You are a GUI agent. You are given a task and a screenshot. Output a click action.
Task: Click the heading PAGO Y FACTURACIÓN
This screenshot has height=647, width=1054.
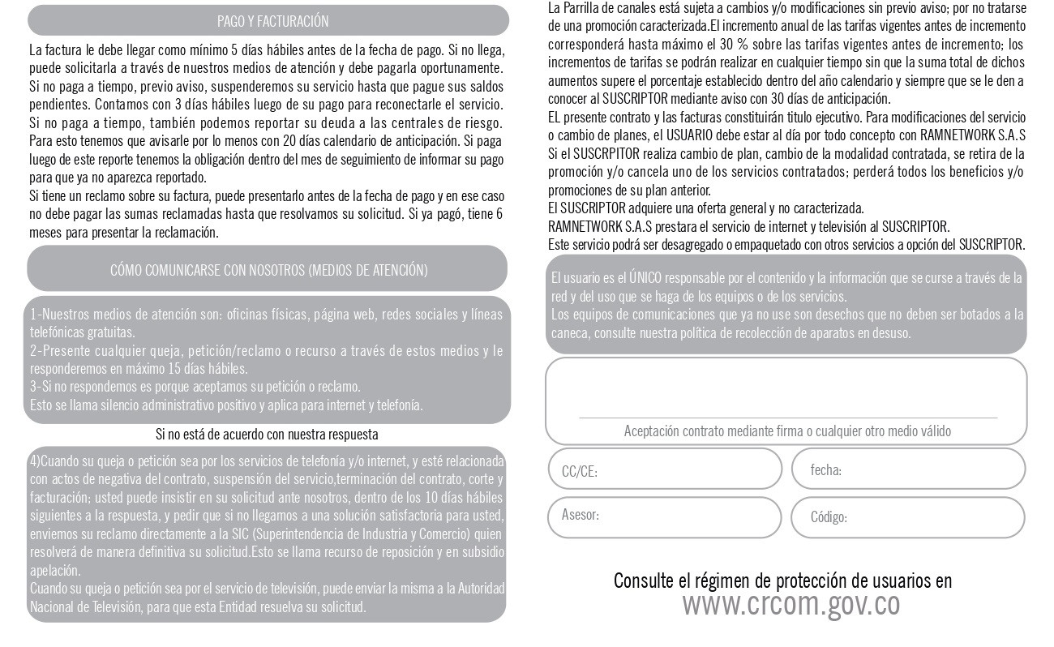272,21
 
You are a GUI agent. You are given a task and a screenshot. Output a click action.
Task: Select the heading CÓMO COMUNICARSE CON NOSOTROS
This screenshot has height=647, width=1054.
268,270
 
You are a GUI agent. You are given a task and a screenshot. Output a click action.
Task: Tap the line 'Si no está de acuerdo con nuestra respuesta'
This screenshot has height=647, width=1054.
267,435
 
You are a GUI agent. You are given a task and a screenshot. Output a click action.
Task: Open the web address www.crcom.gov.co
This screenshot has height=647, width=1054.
790,604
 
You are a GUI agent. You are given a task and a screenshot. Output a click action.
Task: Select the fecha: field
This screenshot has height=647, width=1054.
907,469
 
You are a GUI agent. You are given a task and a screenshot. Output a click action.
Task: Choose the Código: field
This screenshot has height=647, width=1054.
907,517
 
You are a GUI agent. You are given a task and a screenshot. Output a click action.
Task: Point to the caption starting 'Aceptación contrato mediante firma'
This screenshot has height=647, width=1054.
787,431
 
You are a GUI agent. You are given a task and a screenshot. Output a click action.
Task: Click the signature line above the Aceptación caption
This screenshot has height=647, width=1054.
787,418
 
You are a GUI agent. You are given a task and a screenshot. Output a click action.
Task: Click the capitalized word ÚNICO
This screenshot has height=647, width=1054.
645,278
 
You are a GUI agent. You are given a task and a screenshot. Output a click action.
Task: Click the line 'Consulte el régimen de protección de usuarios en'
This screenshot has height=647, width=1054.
782,581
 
